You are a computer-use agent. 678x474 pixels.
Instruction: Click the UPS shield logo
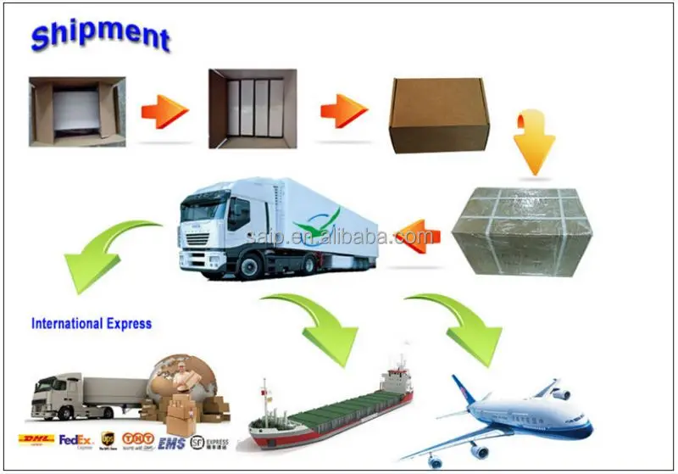(x=106, y=439)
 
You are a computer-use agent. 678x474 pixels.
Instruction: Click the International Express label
(x=92, y=323)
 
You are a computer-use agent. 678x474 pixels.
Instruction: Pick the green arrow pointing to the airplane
(x=466, y=326)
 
